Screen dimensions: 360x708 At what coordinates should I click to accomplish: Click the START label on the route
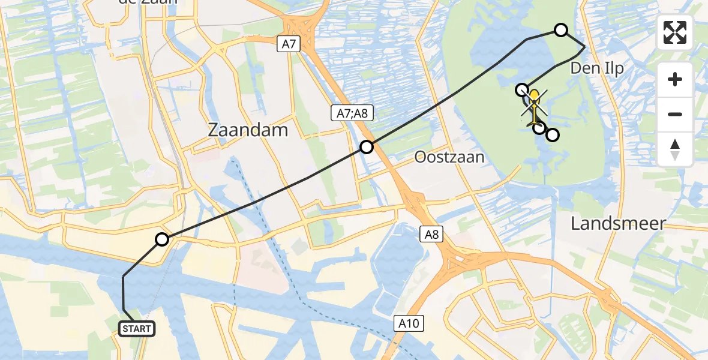(x=137, y=329)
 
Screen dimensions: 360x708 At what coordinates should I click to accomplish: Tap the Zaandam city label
(x=248, y=130)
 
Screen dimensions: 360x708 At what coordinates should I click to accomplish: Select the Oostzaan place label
(x=449, y=157)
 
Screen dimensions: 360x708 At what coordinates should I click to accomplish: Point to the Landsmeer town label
(x=618, y=224)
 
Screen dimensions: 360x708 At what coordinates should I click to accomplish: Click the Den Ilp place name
(x=596, y=68)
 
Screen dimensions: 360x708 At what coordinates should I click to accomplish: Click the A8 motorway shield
(x=431, y=234)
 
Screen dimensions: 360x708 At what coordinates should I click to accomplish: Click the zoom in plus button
(x=675, y=80)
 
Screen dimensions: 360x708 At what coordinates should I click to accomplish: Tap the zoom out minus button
(x=675, y=114)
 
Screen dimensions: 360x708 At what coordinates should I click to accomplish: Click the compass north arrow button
(x=675, y=148)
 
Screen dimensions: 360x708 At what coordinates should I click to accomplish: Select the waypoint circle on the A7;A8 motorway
(x=367, y=146)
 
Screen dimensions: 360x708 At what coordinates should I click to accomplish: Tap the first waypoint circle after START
(x=162, y=240)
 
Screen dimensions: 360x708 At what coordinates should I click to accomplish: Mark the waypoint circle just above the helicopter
(x=523, y=89)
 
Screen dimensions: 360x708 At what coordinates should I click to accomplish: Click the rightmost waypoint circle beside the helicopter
(x=553, y=134)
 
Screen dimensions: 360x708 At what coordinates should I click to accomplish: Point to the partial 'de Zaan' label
(x=149, y=2)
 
